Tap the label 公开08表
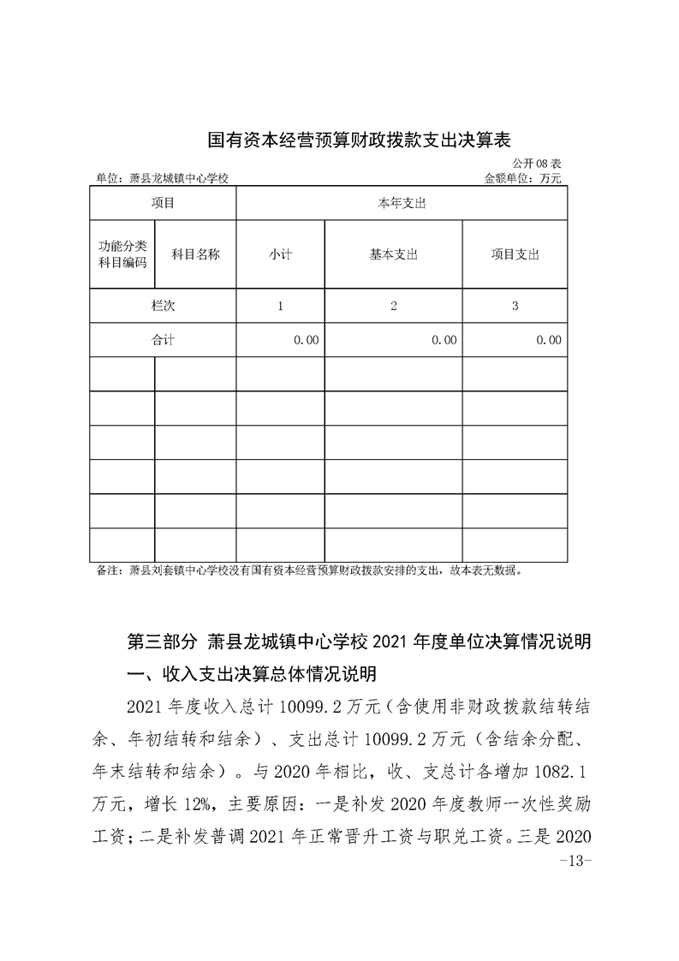537,164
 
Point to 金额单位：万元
523,179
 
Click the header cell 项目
163,204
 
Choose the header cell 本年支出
402,204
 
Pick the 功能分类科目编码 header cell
122,254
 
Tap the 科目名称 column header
195,254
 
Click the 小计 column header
280,254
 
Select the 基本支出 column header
393,254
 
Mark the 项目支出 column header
515,254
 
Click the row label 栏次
163,306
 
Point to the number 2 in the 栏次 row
394,306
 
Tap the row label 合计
163,340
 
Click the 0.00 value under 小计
306,340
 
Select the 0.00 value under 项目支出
549,340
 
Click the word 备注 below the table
109,569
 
